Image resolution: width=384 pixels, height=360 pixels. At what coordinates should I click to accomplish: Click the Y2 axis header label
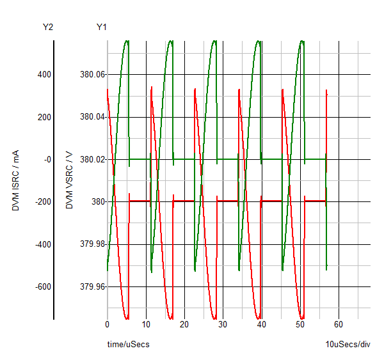(48, 27)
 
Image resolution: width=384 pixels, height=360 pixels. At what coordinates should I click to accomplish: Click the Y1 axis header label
(102, 27)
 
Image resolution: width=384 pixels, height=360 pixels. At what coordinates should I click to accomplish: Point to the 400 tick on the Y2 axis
(44, 75)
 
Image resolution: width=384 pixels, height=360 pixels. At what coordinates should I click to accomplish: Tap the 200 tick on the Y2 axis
(44, 117)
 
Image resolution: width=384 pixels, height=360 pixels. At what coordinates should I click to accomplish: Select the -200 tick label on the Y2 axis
(42, 202)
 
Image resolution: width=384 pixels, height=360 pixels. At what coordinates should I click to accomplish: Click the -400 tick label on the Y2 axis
(42, 244)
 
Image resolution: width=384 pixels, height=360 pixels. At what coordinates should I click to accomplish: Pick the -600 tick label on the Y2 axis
(42, 286)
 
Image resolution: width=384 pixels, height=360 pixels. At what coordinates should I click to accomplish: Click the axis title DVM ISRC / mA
(15, 181)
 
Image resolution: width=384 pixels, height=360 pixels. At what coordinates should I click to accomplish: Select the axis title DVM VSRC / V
(69, 181)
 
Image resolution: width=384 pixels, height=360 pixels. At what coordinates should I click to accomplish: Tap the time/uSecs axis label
(128, 345)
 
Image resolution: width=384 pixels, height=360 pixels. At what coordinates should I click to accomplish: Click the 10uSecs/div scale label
(348, 345)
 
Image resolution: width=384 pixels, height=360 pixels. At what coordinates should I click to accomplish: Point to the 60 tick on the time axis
(339, 324)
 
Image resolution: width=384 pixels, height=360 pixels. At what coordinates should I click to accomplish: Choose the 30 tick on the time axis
(223, 324)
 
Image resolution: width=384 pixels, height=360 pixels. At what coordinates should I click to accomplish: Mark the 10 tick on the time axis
(146, 324)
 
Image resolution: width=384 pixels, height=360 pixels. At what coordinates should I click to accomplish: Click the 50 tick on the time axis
(300, 324)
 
